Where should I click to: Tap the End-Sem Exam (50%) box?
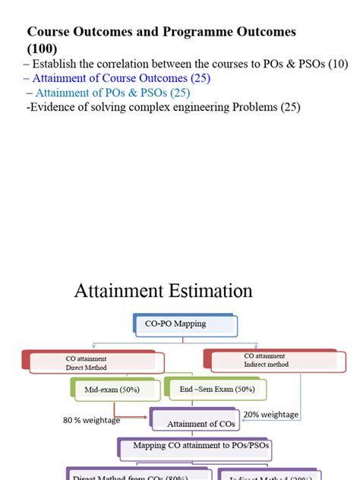point(216,390)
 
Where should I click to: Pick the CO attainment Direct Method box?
point(92,362)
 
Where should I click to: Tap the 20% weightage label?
point(271,415)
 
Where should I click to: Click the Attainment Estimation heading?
point(163,291)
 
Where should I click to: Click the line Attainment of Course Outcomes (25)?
point(122,78)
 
